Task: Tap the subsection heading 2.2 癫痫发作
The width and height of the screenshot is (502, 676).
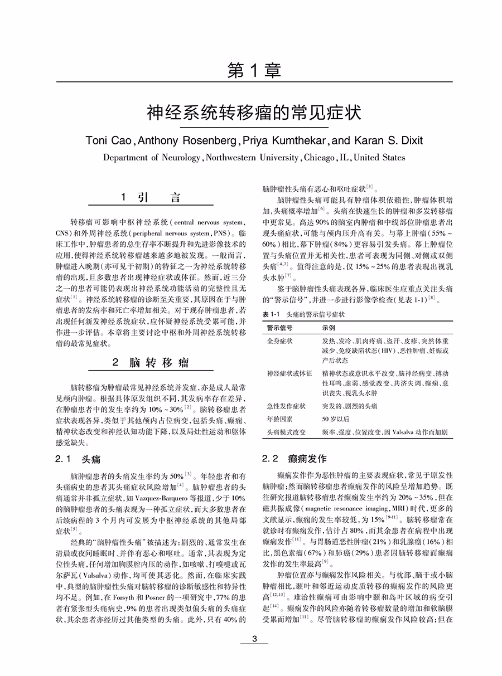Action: click(295, 460)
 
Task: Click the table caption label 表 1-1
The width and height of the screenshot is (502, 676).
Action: click(272, 314)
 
